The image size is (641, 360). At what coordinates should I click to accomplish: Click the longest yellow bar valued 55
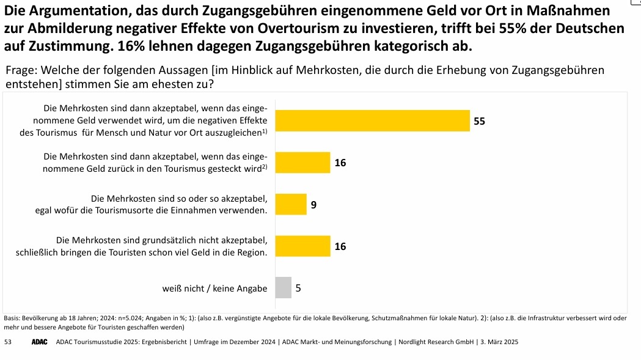pos(372,120)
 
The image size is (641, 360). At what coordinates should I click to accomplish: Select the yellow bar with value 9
pos(291,204)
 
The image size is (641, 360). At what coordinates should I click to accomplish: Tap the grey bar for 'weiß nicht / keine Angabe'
pos(283,287)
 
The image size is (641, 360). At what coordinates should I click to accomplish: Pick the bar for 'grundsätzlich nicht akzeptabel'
pos(302,246)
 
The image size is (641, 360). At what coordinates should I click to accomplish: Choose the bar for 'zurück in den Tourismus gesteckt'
pos(302,163)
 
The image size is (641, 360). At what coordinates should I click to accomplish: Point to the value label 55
pos(479,121)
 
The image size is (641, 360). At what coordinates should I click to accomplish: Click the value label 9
pos(313,205)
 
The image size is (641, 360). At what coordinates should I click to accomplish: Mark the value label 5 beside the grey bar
pos(298,288)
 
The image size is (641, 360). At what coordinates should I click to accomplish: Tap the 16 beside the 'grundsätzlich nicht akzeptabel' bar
pos(340,246)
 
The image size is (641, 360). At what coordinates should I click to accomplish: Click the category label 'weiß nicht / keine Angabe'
pos(214,288)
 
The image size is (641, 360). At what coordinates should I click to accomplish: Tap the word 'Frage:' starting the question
pos(24,70)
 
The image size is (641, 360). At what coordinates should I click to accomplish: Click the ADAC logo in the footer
pos(40,342)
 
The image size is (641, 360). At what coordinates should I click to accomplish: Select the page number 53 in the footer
pos(7,342)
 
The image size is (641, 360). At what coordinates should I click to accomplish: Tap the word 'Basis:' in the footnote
pos(12,318)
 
